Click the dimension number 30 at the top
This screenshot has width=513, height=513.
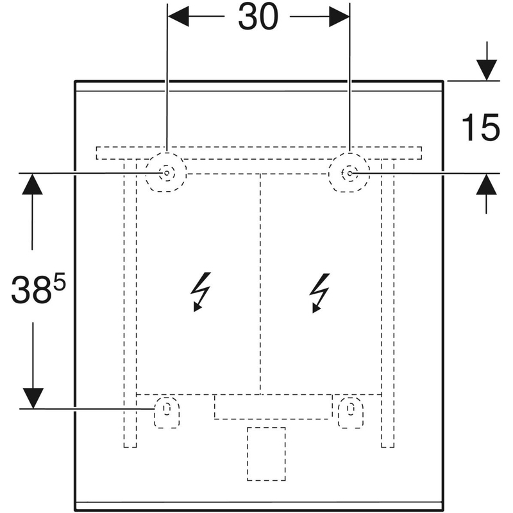tap(258, 17)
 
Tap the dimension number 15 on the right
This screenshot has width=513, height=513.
tap(480, 128)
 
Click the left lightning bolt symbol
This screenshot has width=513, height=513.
tap(201, 291)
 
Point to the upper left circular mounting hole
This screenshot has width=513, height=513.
tap(166, 173)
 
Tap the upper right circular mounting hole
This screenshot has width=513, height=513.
tap(349, 173)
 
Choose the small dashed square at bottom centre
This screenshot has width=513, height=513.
tap(265, 453)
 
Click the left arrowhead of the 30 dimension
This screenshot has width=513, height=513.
tap(179, 17)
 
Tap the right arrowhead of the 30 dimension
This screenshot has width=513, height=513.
tap(338, 17)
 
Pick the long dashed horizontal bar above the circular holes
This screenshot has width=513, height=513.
tap(259, 153)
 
